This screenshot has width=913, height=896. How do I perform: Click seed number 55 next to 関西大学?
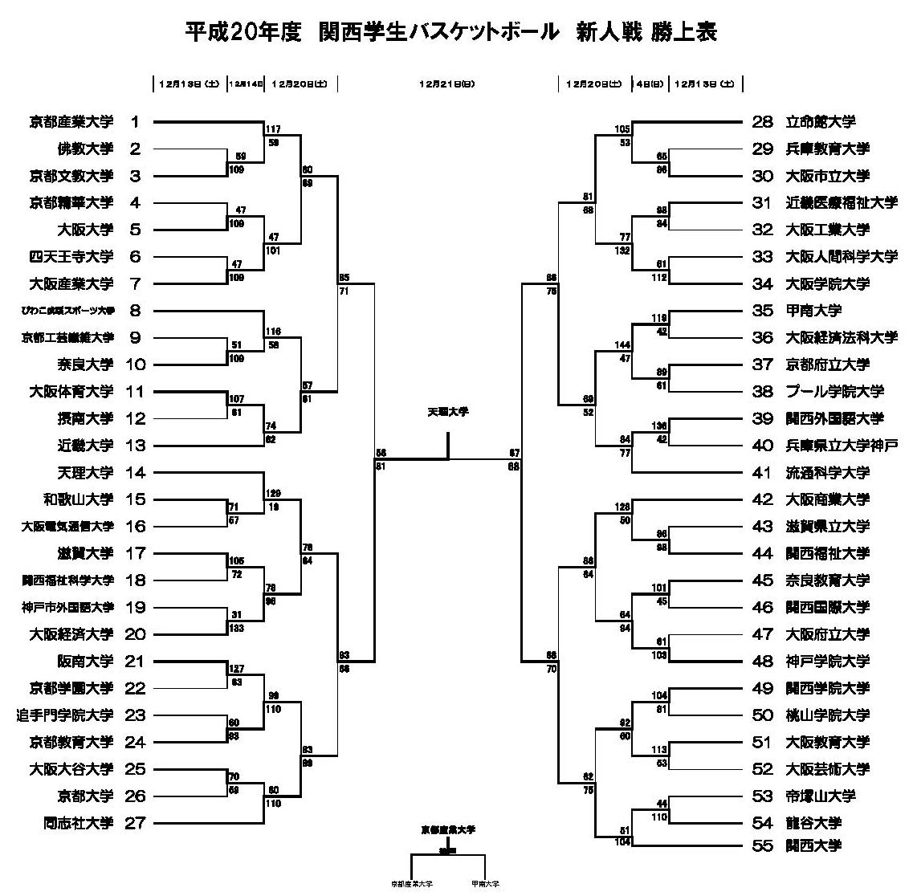coord(762,845)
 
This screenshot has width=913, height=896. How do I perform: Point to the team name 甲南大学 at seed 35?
coord(813,311)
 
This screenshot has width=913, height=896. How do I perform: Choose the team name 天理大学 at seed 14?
coord(85,473)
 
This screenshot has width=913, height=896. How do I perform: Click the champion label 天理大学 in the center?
coord(447,412)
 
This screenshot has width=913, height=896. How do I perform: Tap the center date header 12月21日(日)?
coord(446,83)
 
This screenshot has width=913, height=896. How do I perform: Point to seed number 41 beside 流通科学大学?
coord(762,473)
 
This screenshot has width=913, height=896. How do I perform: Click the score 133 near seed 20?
coord(237,629)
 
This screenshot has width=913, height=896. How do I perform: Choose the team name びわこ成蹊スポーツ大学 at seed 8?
coord(68,311)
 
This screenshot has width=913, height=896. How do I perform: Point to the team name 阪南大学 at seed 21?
coord(85,662)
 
